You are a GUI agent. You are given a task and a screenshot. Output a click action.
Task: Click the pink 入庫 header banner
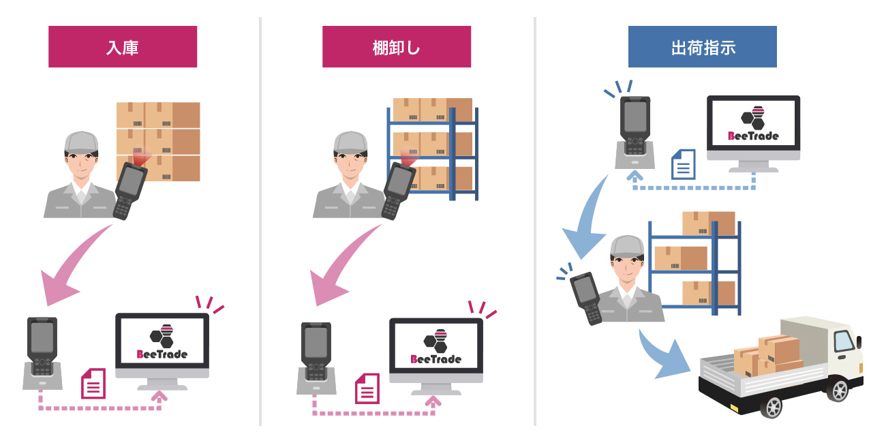tap(123, 47)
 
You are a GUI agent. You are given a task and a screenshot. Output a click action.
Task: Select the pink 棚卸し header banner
tap(397, 47)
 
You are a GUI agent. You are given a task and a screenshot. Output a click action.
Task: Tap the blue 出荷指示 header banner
tap(702, 47)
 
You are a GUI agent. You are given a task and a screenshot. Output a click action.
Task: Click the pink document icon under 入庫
tap(93, 384)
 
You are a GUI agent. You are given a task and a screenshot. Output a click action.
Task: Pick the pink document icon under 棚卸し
tap(367, 388)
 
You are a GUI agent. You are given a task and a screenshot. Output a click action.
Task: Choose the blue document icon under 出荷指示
tap(683, 164)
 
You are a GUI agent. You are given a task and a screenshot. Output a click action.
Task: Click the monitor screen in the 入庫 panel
tap(162, 343)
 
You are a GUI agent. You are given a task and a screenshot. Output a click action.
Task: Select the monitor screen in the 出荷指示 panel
tap(753, 125)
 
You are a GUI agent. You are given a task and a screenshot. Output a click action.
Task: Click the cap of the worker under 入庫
tap(80, 142)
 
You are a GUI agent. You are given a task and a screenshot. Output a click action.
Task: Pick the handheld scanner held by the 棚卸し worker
tap(397, 191)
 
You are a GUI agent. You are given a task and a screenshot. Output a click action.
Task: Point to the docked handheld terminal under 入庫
tap(42, 346)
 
